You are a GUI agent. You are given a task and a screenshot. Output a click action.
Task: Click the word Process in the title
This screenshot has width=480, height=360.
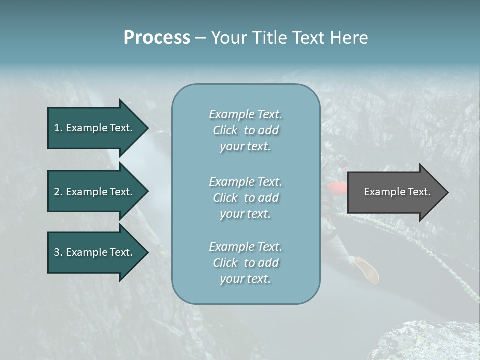pos(157,38)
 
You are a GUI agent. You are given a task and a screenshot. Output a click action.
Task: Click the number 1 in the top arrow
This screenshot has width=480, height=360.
pos(57,128)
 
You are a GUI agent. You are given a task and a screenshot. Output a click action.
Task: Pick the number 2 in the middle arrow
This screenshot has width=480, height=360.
pos(57,192)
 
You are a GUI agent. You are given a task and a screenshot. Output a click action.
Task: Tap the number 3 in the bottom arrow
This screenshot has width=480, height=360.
pos(57,252)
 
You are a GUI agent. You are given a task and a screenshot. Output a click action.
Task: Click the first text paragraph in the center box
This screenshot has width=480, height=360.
pos(245,130)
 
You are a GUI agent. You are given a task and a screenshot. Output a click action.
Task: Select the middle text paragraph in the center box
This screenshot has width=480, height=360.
pos(245,198)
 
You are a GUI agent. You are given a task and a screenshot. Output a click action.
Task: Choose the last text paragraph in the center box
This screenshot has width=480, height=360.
pos(245,263)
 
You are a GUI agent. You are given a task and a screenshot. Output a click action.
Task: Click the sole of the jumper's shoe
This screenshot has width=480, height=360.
pos(367,270)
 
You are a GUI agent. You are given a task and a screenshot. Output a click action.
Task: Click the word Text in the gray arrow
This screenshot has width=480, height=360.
pos(419,192)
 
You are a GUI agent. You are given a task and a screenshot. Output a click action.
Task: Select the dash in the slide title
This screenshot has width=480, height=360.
pos(200,38)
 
